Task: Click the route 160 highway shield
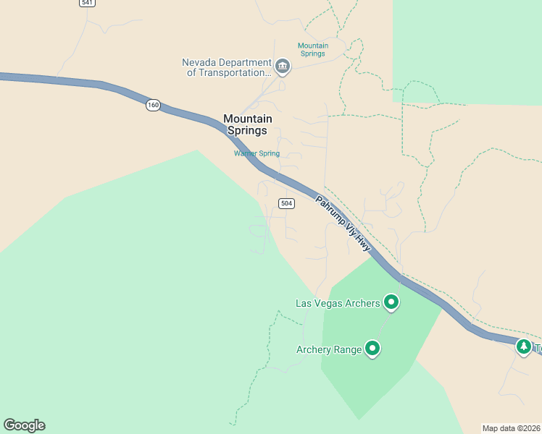pyautogui.click(x=152, y=106)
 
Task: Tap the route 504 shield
pyautogui.click(x=287, y=203)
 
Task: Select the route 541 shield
pyautogui.click(x=88, y=3)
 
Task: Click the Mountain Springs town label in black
pyautogui.click(x=248, y=124)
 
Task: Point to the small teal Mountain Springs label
pyautogui.click(x=313, y=50)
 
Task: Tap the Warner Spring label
pyautogui.click(x=256, y=153)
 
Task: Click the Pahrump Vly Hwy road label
pyautogui.click(x=343, y=223)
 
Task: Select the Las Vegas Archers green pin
pyautogui.click(x=391, y=302)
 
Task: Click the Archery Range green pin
pyautogui.click(x=372, y=349)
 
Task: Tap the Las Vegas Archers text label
pyautogui.click(x=338, y=304)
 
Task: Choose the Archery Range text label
pyautogui.click(x=329, y=350)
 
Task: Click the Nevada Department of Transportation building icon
pyautogui.click(x=283, y=67)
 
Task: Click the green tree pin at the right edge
pyautogui.click(x=524, y=347)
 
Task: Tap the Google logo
pyautogui.click(x=24, y=425)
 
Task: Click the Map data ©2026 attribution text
pyautogui.click(x=512, y=428)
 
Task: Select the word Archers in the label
pyautogui.click(x=362, y=304)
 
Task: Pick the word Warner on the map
pyautogui.click(x=245, y=153)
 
